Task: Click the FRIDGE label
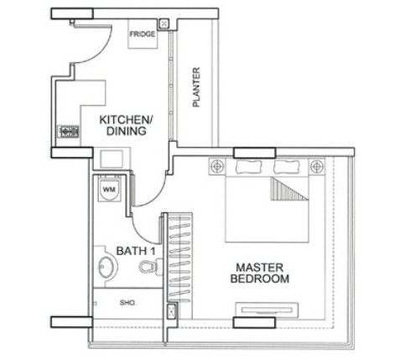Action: [143, 34]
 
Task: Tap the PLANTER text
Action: [196, 87]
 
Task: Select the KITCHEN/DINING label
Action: [127, 125]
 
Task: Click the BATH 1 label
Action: [136, 251]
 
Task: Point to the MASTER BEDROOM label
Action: [260, 274]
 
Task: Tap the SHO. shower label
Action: [128, 303]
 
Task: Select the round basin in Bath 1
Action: [108, 267]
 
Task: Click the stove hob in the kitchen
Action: [69, 132]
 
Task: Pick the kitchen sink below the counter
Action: [112, 159]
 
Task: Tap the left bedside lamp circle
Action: [217, 166]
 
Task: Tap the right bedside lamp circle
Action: [317, 166]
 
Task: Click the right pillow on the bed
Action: [287, 167]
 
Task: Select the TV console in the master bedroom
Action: [267, 310]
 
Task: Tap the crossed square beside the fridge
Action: [164, 24]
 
